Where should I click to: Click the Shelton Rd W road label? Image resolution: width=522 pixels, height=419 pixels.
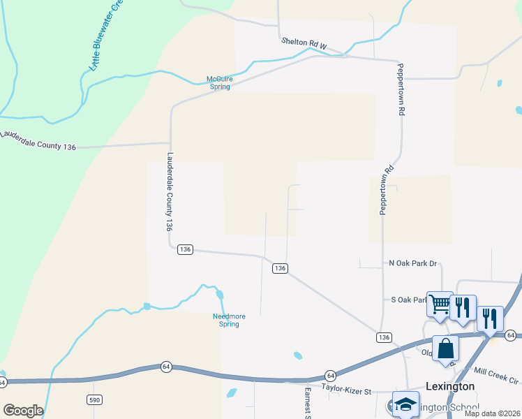point(304,43)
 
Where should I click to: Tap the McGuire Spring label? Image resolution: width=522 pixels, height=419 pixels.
point(219,82)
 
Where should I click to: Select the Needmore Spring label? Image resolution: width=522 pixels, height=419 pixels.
point(229,320)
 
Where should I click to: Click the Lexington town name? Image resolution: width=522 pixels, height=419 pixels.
point(450,386)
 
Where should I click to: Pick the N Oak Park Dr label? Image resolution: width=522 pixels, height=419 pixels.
point(412,263)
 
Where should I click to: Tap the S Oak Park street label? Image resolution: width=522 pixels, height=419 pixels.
point(409,300)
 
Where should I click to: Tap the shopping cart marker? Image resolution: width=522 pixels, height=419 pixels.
point(440,304)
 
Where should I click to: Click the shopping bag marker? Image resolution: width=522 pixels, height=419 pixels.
point(445,348)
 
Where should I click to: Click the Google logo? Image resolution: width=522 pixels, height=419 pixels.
point(23,411)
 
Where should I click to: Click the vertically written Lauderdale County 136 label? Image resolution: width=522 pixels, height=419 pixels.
point(169,192)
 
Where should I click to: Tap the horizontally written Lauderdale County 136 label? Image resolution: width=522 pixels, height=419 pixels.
point(38,141)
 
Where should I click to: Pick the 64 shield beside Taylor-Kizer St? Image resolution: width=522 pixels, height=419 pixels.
point(331,375)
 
